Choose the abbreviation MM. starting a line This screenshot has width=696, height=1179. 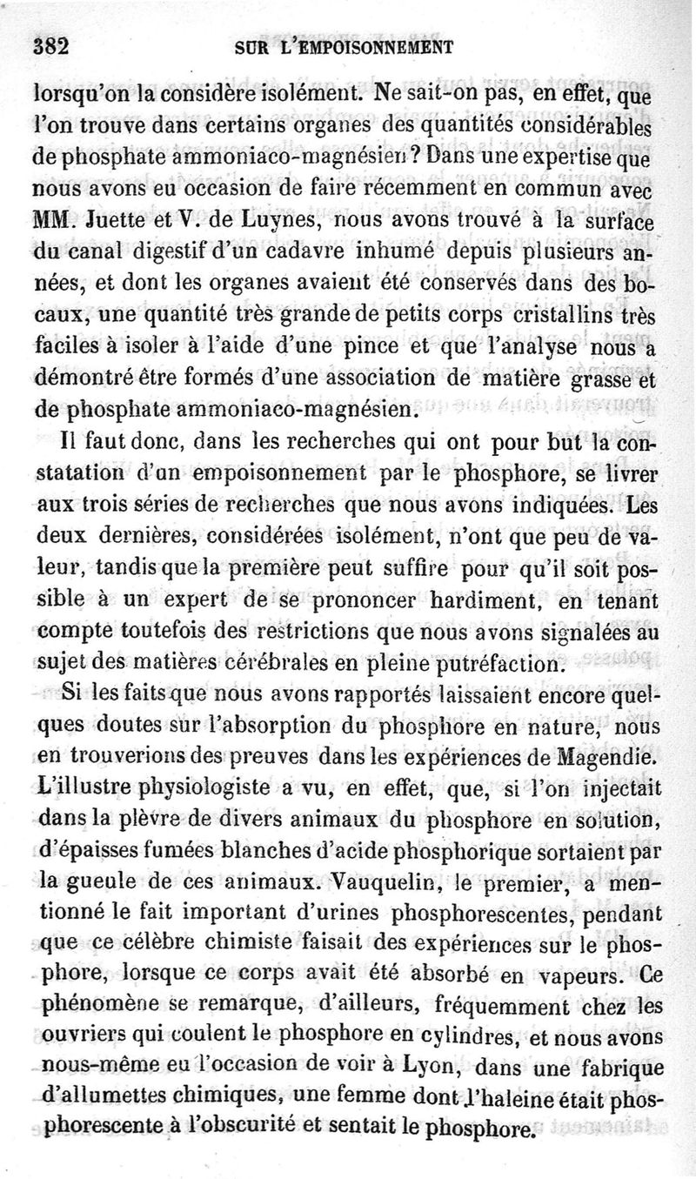pos(54,220)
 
